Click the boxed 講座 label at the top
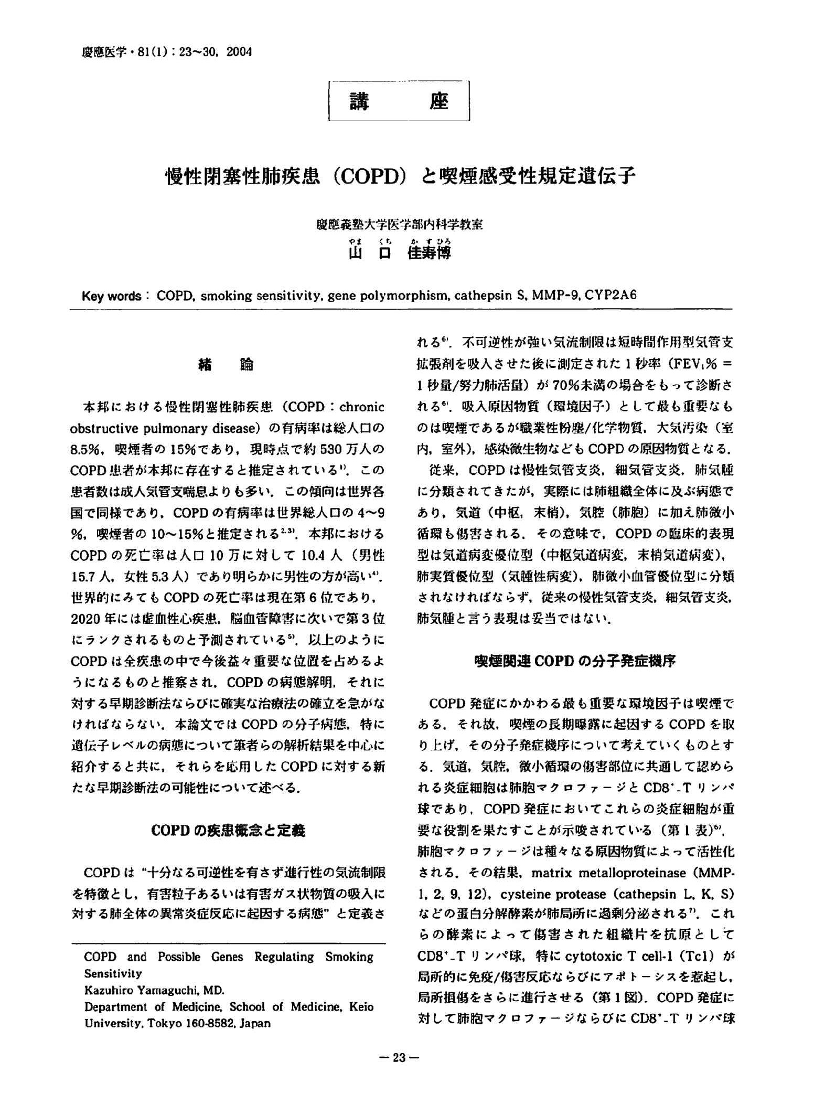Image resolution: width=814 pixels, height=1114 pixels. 399,101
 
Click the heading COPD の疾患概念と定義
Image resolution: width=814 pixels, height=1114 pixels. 228,830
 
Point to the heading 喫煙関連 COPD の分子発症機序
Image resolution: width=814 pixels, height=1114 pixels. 574,661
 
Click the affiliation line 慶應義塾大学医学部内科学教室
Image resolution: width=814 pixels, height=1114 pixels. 399,225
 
